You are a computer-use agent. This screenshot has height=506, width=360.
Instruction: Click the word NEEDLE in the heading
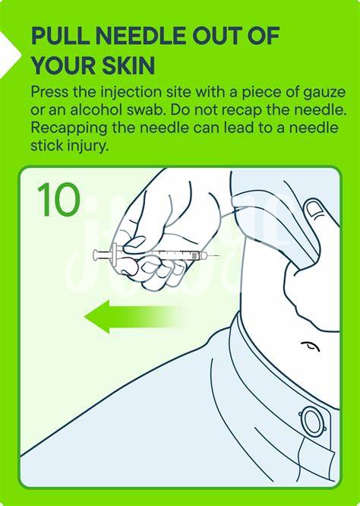tap(141, 36)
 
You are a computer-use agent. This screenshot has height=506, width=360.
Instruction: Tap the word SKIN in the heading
tap(128, 66)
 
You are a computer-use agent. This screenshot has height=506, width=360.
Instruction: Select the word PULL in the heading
tap(60, 36)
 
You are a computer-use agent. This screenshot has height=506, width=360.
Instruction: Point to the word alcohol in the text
tap(96, 110)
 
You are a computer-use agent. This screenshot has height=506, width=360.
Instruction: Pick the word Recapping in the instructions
tap(68, 128)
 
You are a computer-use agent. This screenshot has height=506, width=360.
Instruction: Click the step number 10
tap(58, 199)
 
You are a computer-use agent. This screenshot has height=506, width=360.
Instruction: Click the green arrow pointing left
tap(132, 317)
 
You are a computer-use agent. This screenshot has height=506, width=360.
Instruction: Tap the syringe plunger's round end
tap(96, 255)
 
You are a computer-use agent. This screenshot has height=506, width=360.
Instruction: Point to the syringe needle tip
tap(219, 256)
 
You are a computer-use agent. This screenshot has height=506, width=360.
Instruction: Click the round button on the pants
tap(312, 420)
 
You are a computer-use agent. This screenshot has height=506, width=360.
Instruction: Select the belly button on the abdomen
tap(311, 346)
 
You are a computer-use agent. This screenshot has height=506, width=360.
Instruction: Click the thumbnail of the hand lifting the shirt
tap(314, 209)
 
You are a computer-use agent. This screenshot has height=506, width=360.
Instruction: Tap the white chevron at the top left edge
tap(10, 55)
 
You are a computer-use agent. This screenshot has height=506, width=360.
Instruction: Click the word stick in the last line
tap(47, 145)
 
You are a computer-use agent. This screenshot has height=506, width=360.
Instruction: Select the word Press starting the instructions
tap(49, 93)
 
